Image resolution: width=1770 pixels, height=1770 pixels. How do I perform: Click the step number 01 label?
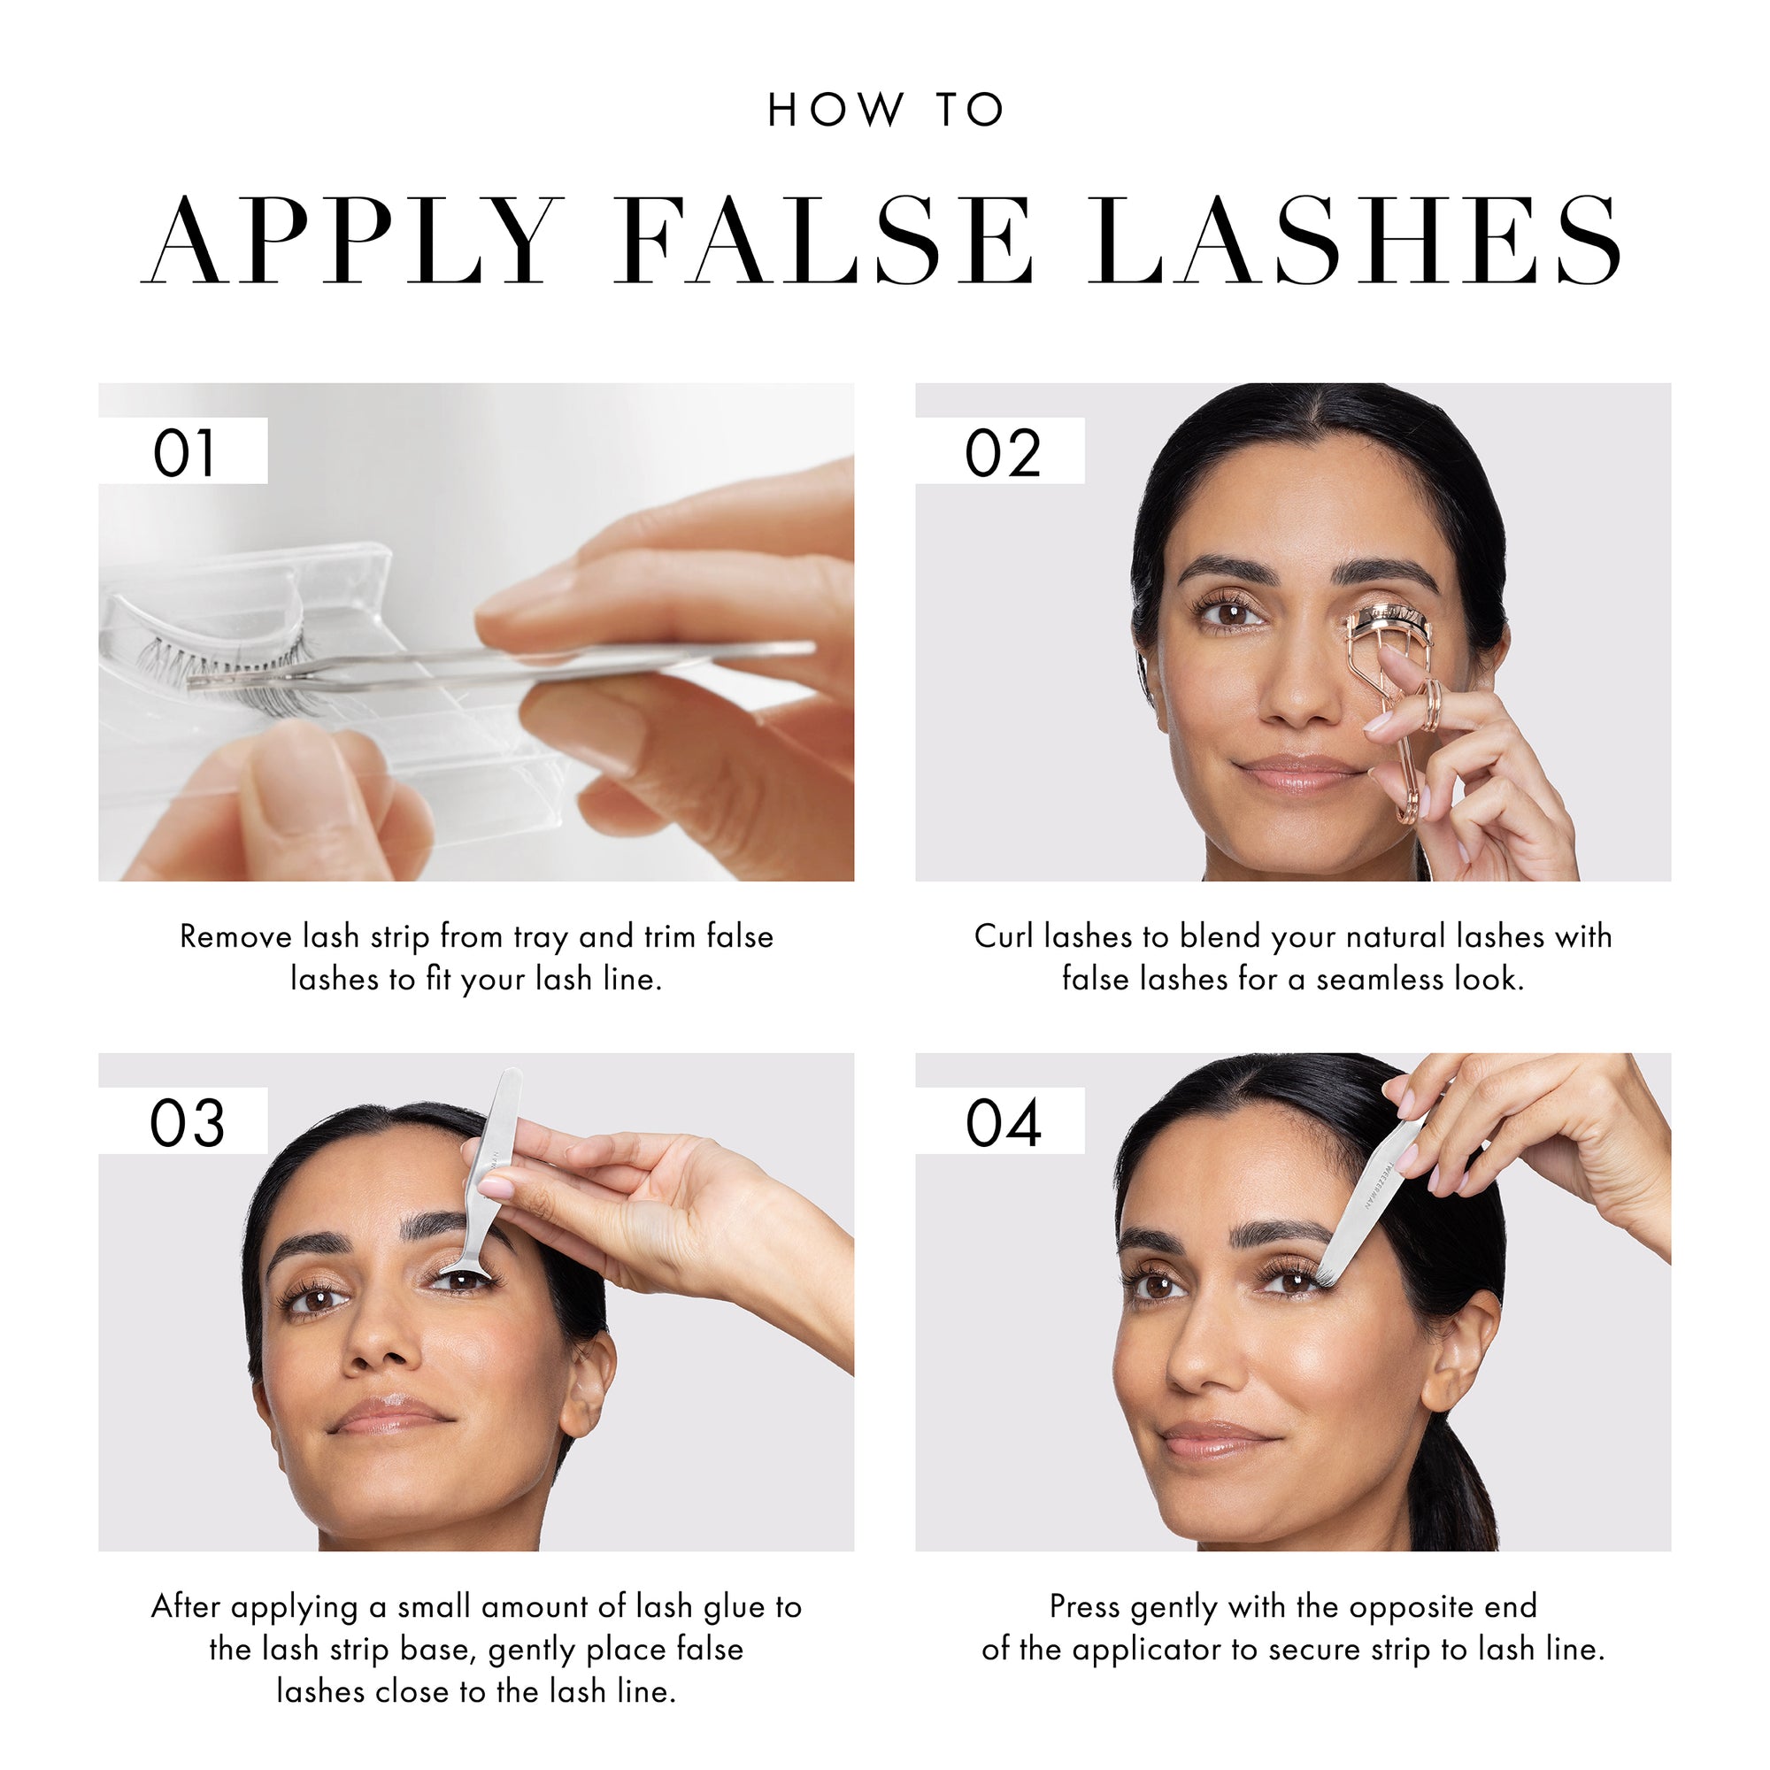pos(183,452)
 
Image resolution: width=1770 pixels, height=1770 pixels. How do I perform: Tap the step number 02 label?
pos(1003,452)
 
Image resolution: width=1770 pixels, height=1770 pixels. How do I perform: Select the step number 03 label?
pos(187,1123)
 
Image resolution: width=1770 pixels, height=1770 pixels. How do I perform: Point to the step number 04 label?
pos(1004,1123)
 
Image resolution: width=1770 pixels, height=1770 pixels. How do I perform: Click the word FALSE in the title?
pos(825,240)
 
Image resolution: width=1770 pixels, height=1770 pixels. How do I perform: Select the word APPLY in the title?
pos(353,240)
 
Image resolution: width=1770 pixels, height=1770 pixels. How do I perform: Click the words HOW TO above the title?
pos(885,110)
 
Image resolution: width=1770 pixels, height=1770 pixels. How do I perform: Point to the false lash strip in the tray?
pos(229,669)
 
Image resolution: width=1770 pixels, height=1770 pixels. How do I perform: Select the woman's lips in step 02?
pos(1298,773)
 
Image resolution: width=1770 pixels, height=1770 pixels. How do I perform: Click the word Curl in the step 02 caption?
pos(1004,936)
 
